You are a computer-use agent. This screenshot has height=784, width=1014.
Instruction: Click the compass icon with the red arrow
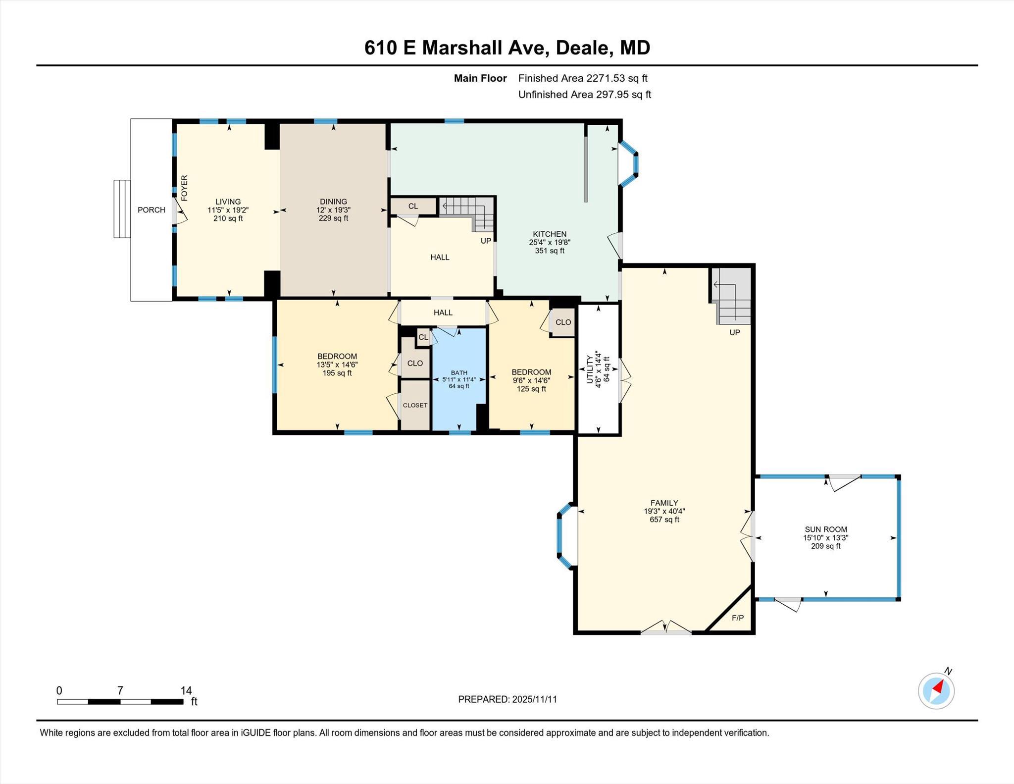coord(936,690)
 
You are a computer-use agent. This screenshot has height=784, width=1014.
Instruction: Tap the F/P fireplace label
coord(737,618)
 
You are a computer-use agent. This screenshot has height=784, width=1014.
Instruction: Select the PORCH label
coord(151,210)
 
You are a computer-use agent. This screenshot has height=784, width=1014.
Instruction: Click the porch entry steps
coord(122,209)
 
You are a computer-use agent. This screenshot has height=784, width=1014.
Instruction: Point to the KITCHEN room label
coord(549,234)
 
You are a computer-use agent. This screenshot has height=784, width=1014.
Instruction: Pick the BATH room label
coord(458,372)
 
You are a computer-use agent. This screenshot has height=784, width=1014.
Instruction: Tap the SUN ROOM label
coord(825,529)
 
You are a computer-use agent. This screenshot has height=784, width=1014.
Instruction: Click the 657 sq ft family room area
coord(664,520)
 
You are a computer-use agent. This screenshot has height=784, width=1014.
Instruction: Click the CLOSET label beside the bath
coord(415,405)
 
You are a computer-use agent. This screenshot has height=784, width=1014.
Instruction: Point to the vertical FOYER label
coord(184,188)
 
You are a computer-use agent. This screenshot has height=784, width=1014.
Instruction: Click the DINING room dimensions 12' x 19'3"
coord(333,210)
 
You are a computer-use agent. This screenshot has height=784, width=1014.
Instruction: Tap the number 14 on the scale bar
coord(186,690)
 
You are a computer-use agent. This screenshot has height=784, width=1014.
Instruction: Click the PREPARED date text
coord(507,699)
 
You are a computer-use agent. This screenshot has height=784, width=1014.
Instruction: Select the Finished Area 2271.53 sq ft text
coord(582,78)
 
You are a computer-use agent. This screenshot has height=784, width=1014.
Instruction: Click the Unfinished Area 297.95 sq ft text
coord(584,95)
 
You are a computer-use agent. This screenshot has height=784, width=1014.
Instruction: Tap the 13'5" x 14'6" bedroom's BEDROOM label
coord(337,356)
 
